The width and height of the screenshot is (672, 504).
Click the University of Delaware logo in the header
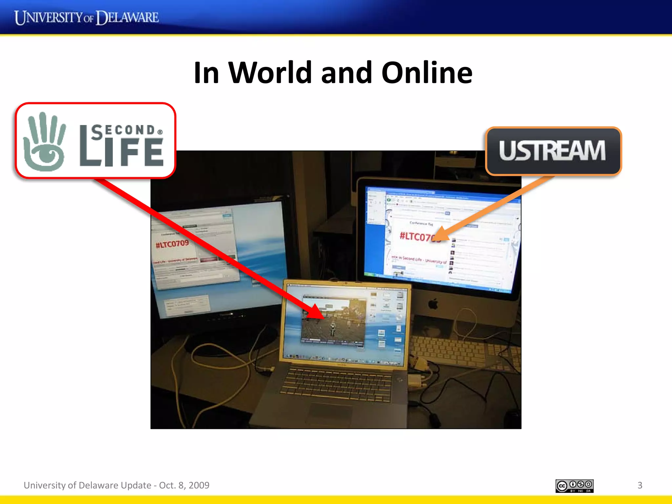(x=87, y=17)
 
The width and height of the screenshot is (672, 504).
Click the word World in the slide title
(x=270, y=73)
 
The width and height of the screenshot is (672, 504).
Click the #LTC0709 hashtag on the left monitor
(x=172, y=244)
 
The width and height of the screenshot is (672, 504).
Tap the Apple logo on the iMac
(x=433, y=304)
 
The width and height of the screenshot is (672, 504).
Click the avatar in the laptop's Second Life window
(x=333, y=328)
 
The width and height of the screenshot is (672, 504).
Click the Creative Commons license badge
(x=574, y=486)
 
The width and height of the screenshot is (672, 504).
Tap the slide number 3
(x=640, y=485)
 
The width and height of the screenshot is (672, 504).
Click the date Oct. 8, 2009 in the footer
(x=184, y=485)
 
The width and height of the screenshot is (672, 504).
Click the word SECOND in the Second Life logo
(x=123, y=131)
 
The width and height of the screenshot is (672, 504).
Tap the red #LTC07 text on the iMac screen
(x=415, y=236)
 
